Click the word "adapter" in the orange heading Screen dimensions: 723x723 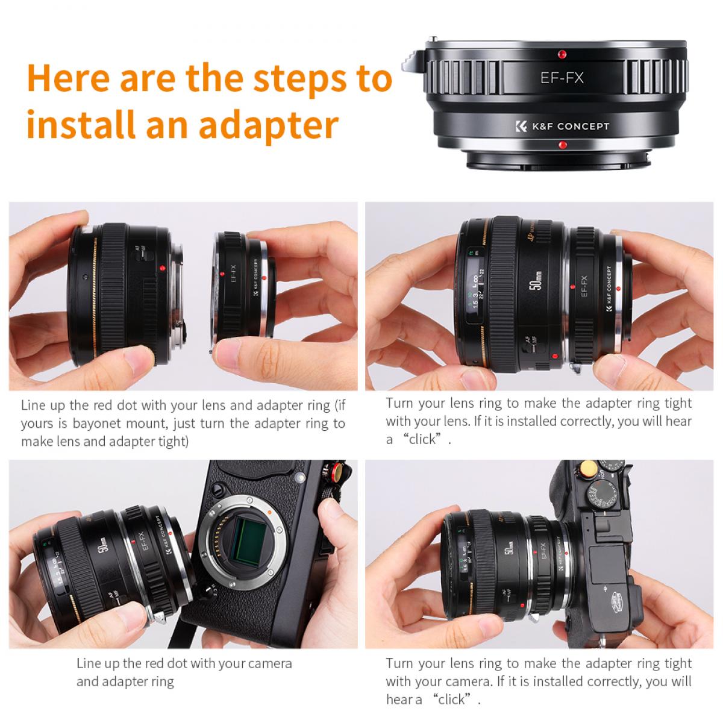(268, 125)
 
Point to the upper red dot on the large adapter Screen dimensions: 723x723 (561, 54)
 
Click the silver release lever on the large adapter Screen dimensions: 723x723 (410, 59)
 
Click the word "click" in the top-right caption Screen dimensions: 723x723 (422, 439)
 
